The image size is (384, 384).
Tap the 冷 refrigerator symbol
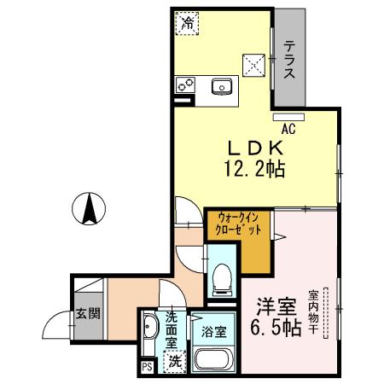tap(187, 24)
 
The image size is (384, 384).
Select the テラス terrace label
tap(290, 61)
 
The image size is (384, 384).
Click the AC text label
tap(288, 130)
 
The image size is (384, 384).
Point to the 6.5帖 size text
tap(274, 329)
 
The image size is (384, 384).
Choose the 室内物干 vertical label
tap(315, 309)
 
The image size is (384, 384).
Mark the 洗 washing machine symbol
tap(173, 361)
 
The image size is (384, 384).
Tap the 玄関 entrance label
tap(86, 313)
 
